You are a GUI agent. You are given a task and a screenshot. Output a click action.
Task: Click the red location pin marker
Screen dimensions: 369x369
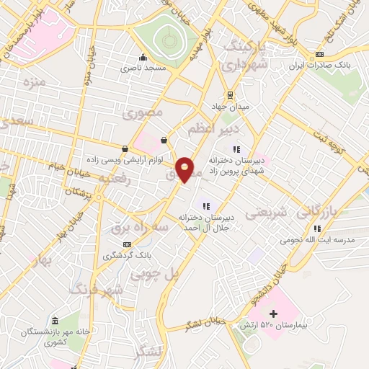click(185, 169)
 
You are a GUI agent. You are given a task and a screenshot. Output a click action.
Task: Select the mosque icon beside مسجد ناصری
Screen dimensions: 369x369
click(143, 57)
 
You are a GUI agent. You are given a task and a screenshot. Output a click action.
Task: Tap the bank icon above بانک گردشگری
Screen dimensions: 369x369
click(128, 244)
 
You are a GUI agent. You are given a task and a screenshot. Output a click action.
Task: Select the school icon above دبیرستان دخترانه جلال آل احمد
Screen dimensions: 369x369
click(207, 205)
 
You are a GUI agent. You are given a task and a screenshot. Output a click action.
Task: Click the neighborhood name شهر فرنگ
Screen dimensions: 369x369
click(97, 289)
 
